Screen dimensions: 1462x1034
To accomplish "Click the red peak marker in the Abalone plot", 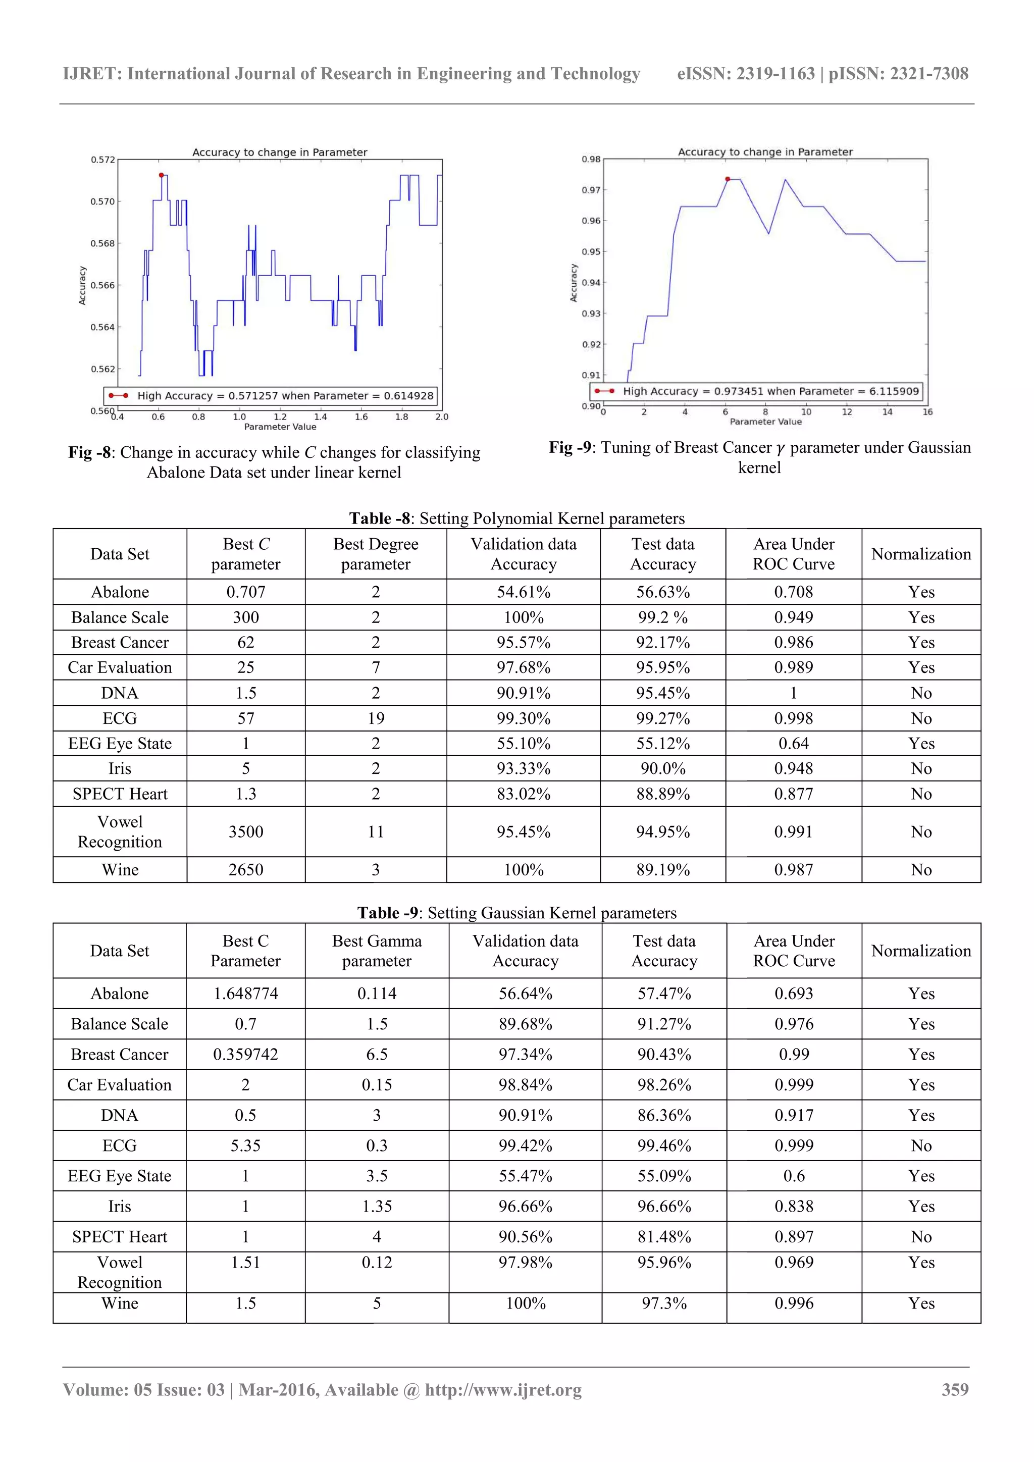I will (161, 175).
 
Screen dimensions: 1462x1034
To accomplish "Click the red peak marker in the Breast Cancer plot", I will (728, 179).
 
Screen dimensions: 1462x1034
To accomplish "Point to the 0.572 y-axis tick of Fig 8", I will (102, 160).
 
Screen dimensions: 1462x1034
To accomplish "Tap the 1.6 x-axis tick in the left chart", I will (361, 416).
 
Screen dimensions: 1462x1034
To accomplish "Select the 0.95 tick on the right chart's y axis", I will (590, 251).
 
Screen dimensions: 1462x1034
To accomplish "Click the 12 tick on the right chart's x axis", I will (847, 412).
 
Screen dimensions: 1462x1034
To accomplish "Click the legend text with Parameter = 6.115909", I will (770, 391).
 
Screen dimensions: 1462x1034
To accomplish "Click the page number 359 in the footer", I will (954, 1389).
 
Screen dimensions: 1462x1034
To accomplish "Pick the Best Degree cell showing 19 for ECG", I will (376, 718).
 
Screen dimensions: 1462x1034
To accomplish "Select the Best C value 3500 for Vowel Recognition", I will (246, 831).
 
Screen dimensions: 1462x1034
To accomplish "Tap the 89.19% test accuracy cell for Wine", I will (663, 870).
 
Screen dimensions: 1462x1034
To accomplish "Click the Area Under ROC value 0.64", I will (793, 743).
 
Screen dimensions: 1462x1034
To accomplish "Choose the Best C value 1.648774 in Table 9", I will (246, 994).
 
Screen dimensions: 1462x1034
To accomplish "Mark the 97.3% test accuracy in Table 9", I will (664, 1303).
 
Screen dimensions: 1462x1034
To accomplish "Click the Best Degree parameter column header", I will (376, 554).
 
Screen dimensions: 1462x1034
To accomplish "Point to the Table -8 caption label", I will (379, 518).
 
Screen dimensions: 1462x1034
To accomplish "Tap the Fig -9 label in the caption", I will (571, 448).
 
